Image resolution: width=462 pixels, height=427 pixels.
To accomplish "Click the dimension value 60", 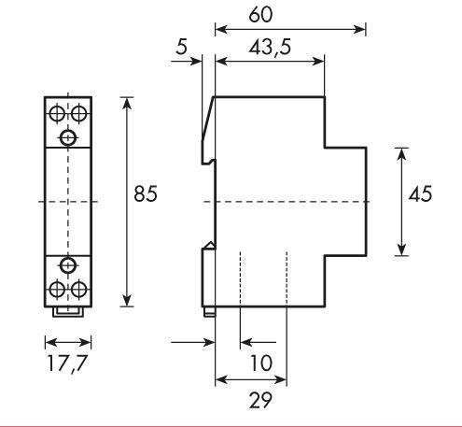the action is click(x=260, y=14).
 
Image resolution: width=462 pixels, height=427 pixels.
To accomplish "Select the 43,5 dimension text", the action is click(x=270, y=48).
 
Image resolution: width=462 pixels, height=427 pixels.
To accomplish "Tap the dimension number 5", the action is click(x=182, y=47).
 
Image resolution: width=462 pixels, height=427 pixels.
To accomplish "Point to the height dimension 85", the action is click(x=146, y=193).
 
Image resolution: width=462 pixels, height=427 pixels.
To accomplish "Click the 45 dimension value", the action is click(x=420, y=193).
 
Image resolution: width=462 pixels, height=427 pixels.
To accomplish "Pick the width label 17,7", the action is click(x=67, y=363).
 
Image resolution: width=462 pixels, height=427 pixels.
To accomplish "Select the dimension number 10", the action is click(x=261, y=363).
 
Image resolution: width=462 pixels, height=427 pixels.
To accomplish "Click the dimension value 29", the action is click(x=260, y=400).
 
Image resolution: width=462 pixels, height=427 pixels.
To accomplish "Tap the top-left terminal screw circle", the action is click(x=57, y=114).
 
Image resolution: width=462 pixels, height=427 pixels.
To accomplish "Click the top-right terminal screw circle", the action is click(x=78, y=114).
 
